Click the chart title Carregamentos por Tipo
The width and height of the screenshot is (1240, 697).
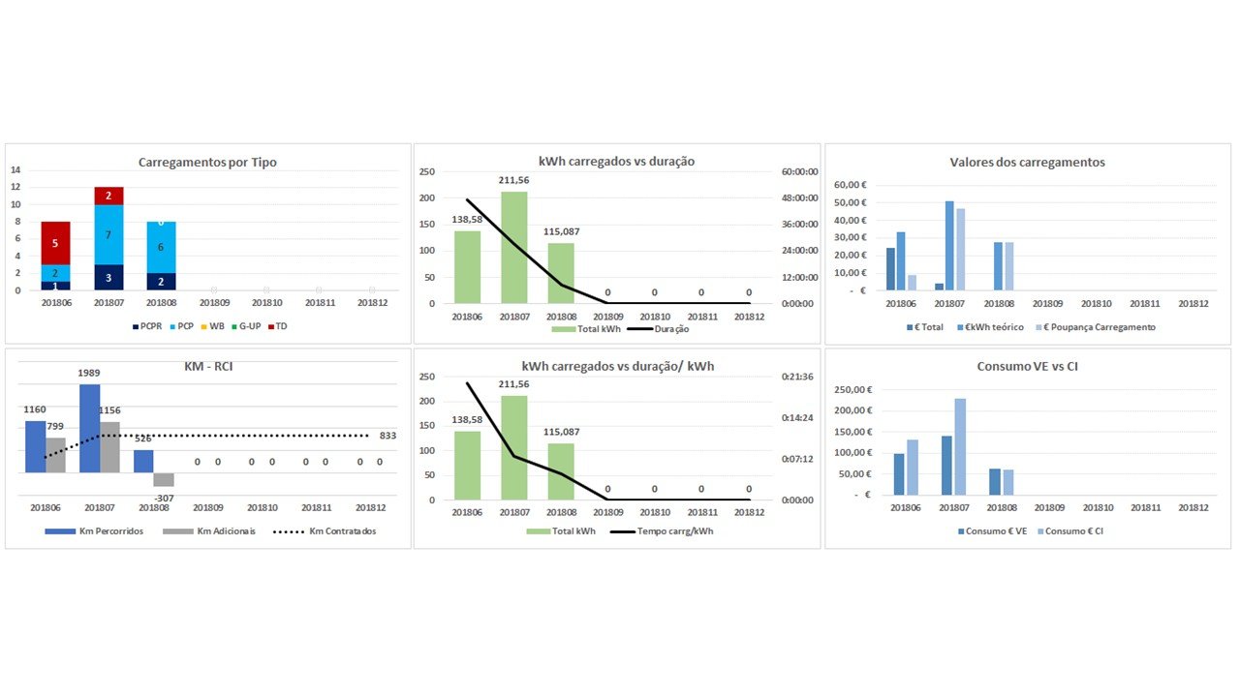207,163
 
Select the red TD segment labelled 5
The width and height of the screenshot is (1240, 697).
55,243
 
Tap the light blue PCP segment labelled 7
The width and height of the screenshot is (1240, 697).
108,235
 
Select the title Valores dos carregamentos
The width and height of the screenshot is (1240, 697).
1027,163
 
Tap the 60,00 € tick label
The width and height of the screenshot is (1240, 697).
850,185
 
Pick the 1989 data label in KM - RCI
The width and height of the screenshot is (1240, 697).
89,373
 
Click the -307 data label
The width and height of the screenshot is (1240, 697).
163,499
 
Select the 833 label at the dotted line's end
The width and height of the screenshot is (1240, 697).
387,436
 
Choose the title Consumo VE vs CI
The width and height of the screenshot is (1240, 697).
1027,367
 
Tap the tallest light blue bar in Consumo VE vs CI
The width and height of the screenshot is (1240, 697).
959,446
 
